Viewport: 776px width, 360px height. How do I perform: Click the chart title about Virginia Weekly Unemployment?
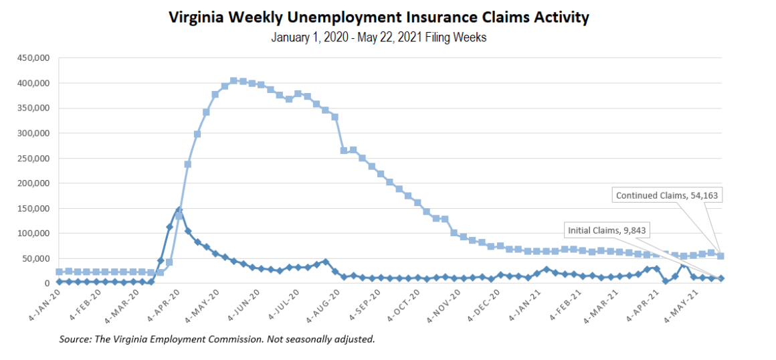point(379,17)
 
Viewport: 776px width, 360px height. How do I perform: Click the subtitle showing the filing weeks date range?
point(379,37)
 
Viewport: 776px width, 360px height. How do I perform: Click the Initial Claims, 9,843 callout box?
point(603,230)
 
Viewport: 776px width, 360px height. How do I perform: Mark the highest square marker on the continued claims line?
point(233,81)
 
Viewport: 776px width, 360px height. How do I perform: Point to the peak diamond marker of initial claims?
point(179,210)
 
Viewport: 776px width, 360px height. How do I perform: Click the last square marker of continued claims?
point(720,256)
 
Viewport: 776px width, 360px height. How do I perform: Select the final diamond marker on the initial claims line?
point(720,278)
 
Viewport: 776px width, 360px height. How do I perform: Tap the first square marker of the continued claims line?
point(60,272)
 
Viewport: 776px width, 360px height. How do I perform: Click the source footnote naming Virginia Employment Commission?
point(217,339)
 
